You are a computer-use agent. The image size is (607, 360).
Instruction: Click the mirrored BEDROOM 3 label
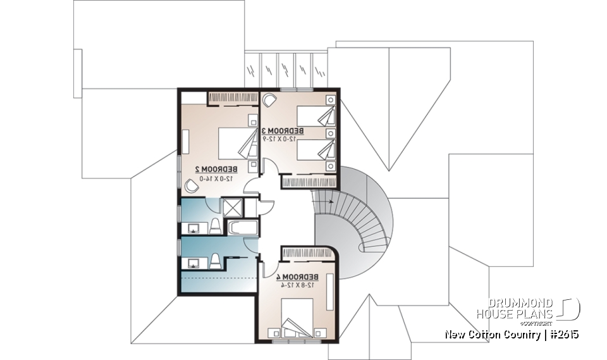click(x=283, y=131)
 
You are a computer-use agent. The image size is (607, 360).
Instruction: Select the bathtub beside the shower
click(x=242, y=228)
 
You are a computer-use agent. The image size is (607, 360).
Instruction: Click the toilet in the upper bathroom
click(x=214, y=226)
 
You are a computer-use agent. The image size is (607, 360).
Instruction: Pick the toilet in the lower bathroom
click(x=214, y=261)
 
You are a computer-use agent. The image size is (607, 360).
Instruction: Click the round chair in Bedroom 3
click(x=269, y=99)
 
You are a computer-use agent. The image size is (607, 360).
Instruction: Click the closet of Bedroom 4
click(x=307, y=253)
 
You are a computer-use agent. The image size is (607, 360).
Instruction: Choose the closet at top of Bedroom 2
click(x=231, y=97)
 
